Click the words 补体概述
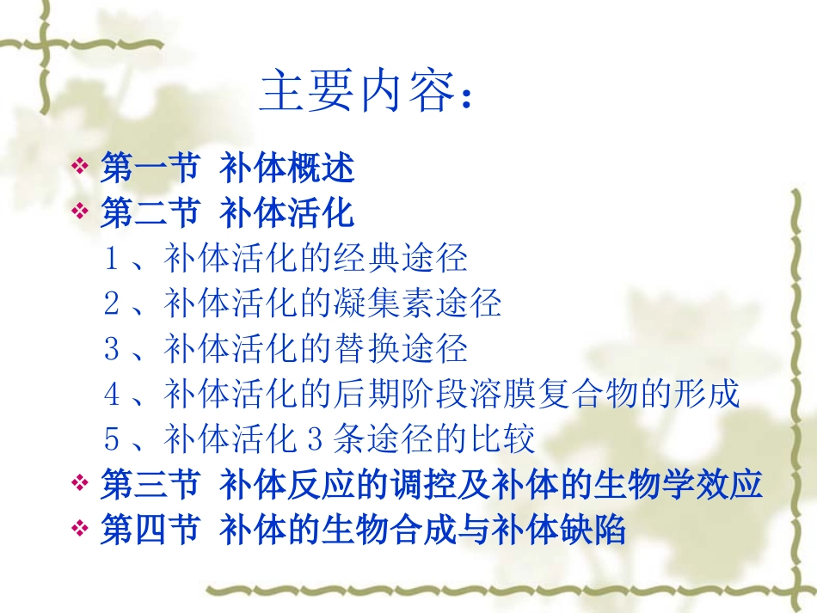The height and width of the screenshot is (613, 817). (x=287, y=168)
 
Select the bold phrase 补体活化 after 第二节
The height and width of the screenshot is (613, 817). (x=287, y=213)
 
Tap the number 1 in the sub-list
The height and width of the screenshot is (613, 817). (x=111, y=258)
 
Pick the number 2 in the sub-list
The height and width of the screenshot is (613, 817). (x=111, y=303)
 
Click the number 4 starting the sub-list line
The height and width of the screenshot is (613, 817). (x=111, y=395)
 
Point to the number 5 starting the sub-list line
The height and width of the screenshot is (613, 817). (x=111, y=440)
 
